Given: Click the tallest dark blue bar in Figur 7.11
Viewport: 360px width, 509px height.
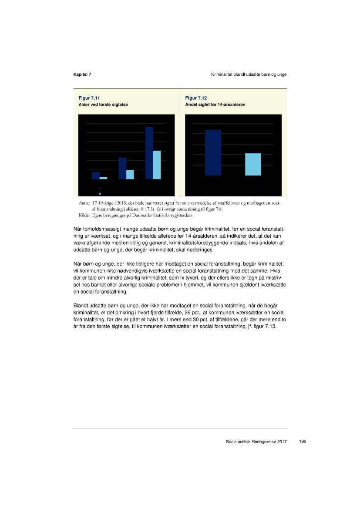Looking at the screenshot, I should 149,153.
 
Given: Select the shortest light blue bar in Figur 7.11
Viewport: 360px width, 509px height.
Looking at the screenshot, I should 103,178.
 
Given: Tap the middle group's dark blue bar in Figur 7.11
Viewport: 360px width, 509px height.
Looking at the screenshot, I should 122,168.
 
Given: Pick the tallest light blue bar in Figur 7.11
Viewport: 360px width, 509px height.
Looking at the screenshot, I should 157,165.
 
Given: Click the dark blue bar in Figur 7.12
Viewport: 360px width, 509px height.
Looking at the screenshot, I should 213,152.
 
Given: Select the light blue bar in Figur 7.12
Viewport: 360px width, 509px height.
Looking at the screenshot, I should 253,164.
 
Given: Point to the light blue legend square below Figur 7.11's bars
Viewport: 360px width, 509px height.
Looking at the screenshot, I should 100,194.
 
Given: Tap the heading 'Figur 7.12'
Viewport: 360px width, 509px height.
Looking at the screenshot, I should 196,98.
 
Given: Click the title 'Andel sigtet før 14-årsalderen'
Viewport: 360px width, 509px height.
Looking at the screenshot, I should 215,105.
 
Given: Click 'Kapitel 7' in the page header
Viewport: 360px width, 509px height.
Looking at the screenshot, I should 82,74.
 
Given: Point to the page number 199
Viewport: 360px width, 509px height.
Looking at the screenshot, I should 303,442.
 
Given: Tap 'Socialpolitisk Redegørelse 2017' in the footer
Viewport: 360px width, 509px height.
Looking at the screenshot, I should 256,442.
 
